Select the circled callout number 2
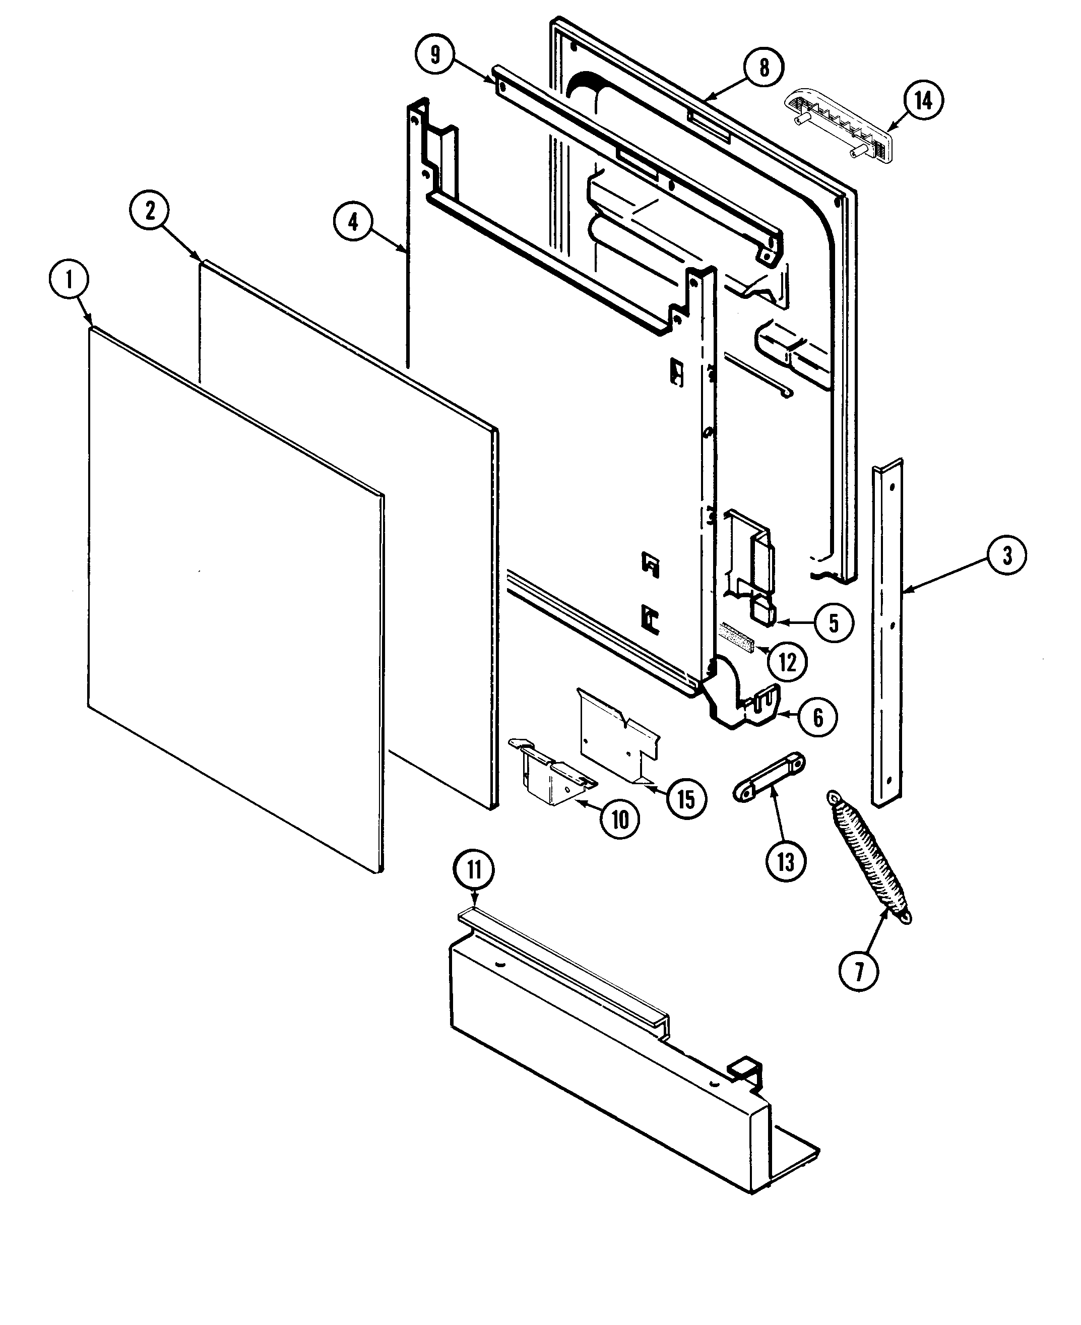pyautogui.click(x=150, y=211)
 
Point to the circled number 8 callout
pyautogui.click(x=764, y=67)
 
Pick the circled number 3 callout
pyautogui.click(x=1007, y=555)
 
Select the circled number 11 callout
pyautogui.click(x=475, y=870)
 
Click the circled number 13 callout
pyautogui.click(x=786, y=862)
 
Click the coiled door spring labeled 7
pyautogui.click(x=869, y=859)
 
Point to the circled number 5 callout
pyautogui.click(x=834, y=622)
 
